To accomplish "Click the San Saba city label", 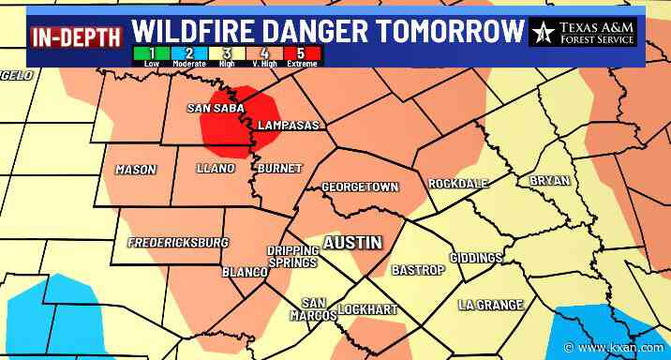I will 216,108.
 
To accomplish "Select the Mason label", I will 135,170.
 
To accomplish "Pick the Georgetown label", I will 360,187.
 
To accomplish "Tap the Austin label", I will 352,242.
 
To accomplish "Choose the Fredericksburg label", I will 178,242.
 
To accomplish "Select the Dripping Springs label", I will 293,257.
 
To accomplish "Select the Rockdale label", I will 455,184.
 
